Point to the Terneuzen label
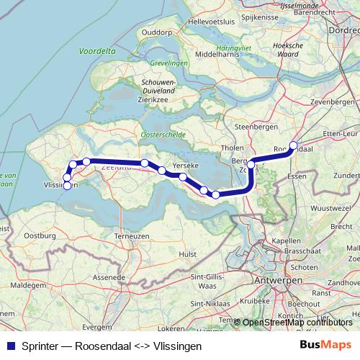coord(132,235)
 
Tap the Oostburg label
coord(40,235)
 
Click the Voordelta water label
coord(97,53)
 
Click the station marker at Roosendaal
coord(293,145)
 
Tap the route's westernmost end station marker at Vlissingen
coord(67,186)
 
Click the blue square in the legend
coord(9,345)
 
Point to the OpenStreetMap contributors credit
coord(297,322)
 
